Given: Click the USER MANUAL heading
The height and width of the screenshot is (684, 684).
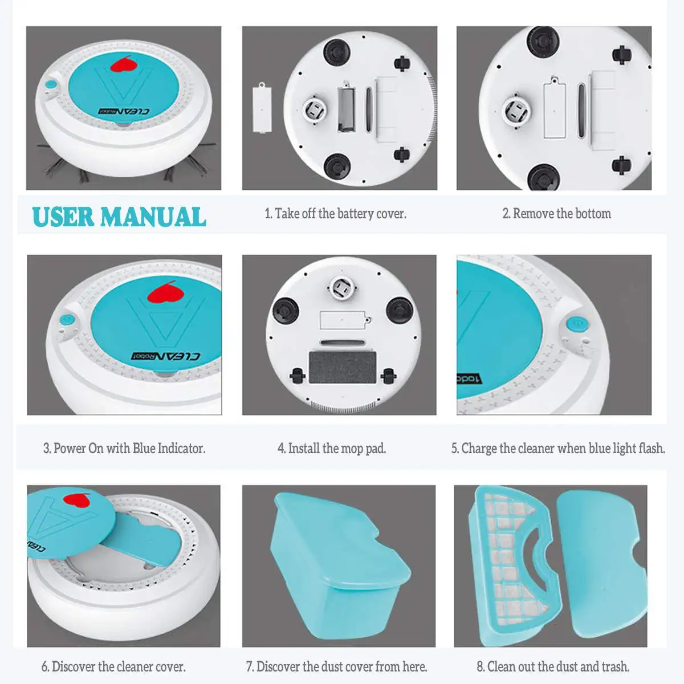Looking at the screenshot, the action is point(119,217).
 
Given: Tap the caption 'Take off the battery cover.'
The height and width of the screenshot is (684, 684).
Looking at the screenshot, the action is point(335,214).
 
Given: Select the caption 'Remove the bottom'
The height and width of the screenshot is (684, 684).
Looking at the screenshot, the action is point(556,214).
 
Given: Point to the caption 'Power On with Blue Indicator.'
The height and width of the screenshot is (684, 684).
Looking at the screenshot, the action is point(124,449).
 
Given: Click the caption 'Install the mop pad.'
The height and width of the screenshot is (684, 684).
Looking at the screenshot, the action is point(332,449).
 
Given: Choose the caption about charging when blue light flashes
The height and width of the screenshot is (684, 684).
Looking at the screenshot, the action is point(558,449).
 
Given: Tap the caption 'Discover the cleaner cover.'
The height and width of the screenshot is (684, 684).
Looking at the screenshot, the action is point(113,666).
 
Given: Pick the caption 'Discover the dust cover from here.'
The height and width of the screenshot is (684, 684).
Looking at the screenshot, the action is point(336,666).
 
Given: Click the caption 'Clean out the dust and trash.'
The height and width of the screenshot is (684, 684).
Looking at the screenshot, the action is point(553,666).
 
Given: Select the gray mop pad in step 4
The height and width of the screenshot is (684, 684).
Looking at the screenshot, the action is point(343,368).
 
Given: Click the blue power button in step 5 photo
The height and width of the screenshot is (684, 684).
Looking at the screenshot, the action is point(577,324).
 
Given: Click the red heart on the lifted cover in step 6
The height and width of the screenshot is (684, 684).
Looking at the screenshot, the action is point(78,501).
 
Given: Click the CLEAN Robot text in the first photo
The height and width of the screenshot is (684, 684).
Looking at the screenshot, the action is point(124,111).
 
